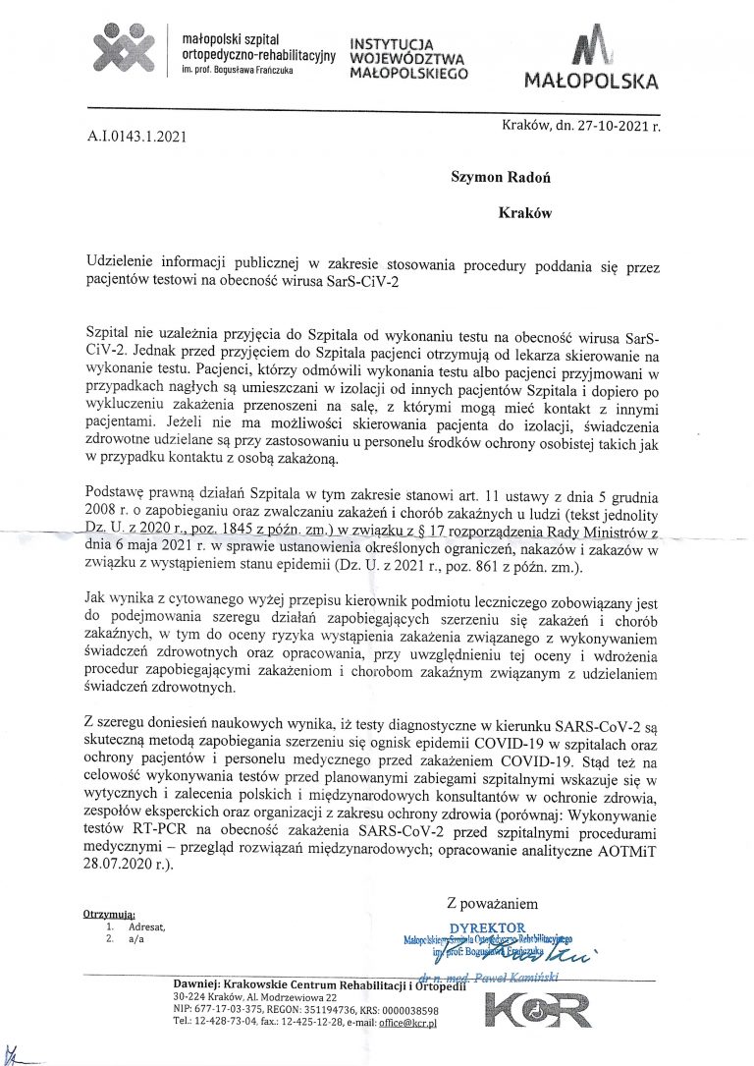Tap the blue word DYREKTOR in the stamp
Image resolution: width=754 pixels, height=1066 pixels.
coord(487,926)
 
